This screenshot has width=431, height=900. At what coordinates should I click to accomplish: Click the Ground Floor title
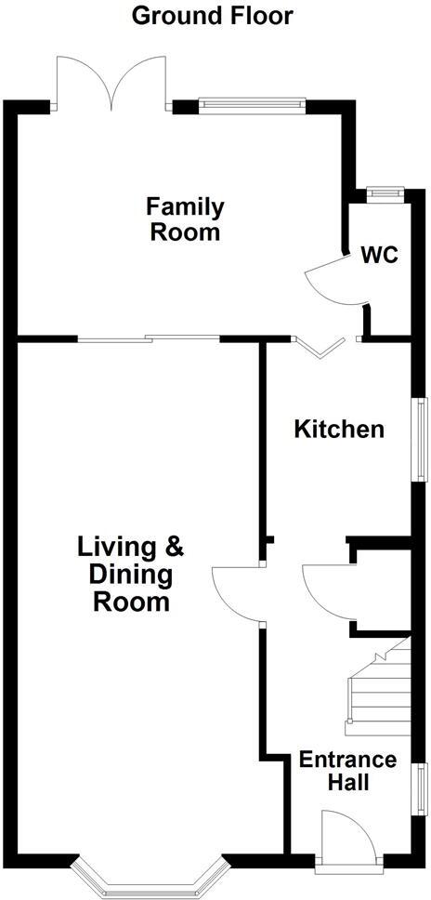[x=213, y=15]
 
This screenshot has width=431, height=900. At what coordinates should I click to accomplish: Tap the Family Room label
[x=186, y=218]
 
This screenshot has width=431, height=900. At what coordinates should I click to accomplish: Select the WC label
[x=380, y=254]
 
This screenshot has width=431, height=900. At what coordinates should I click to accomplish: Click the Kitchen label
[x=338, y=430]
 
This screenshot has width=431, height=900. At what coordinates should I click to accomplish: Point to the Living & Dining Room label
[x=130, y=574]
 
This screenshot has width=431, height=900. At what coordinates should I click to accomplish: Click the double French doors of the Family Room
[x=111, y=82]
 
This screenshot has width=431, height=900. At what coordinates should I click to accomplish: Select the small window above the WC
[x=381, y=192]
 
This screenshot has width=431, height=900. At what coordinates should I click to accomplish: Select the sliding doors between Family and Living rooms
[x=149, y=338]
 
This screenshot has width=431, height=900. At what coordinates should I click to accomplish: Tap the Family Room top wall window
[x=252, y=105]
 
